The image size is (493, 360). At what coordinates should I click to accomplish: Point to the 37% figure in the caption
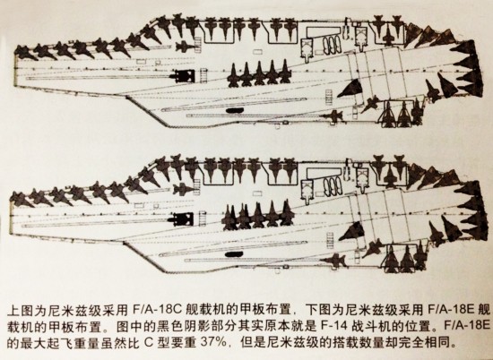(x=213, y=341)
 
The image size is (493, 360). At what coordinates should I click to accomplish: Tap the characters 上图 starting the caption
(x=20, y=310)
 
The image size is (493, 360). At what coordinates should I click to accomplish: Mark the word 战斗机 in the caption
(x=371, y=326)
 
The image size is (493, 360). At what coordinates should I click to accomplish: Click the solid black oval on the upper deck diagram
(x=235, y=110)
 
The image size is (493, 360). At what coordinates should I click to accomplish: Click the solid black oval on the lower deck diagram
(x=234, y=253)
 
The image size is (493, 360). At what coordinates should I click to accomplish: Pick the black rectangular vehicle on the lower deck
(x=182, y=219)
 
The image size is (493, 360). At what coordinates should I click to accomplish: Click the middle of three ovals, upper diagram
(x=332, y=45)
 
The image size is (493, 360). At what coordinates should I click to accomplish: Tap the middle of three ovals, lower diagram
(x=332, y=187)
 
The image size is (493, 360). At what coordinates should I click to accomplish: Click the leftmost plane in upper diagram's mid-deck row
(x=233, y=75)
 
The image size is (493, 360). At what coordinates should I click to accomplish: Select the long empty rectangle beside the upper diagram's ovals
(x=324, y=30)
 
